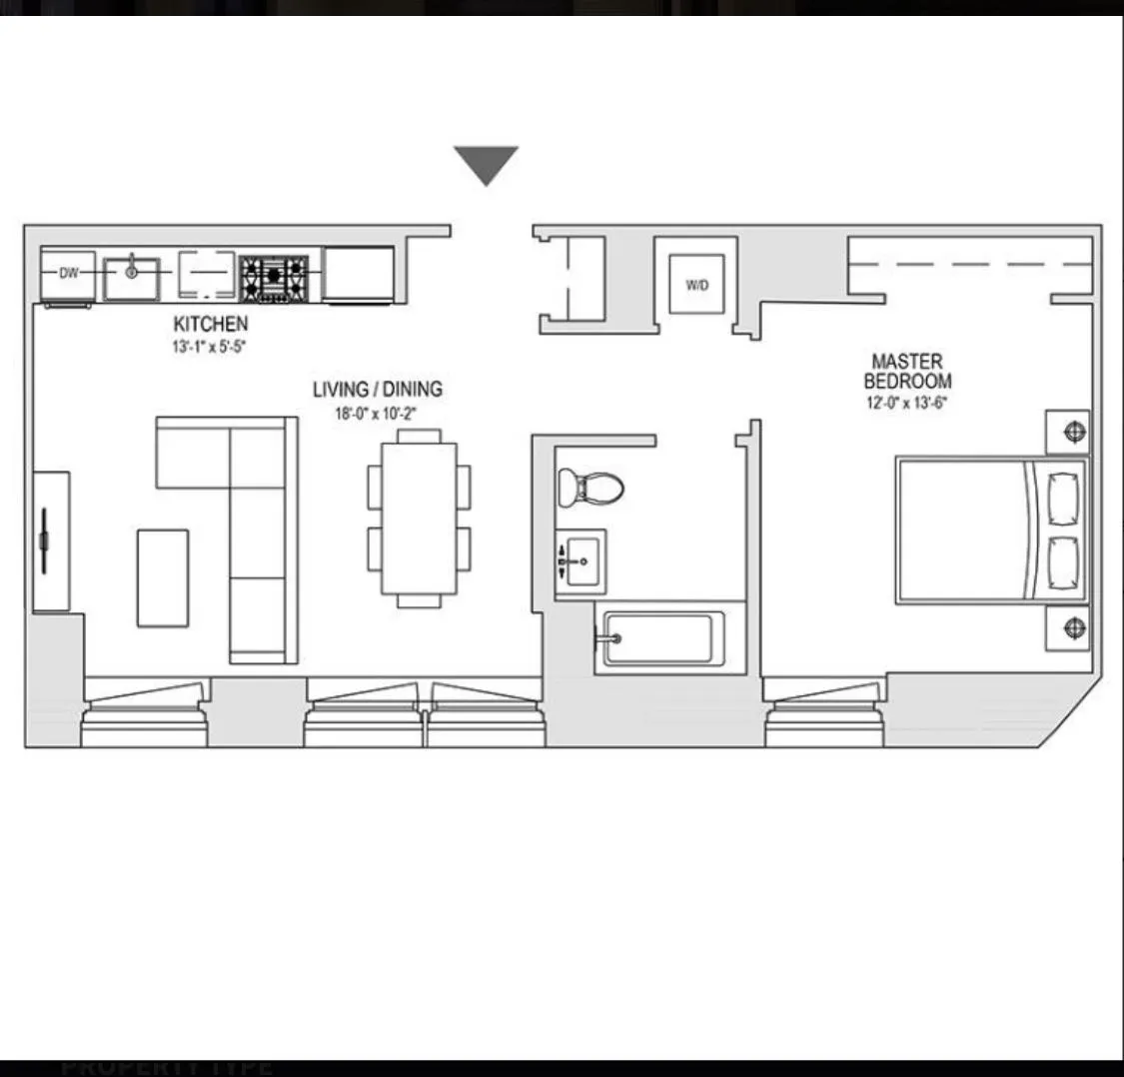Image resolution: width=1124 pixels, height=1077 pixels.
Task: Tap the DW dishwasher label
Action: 68,273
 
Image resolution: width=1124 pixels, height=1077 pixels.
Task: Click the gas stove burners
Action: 273,274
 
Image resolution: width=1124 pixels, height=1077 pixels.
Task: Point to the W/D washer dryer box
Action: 696,285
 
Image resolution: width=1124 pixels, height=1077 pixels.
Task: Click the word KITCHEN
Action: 210,324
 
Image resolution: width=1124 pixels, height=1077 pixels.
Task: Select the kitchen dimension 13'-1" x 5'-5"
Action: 207,348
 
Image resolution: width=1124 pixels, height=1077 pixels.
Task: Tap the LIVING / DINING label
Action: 377,390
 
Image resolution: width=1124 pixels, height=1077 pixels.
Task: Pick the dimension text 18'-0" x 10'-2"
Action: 376,414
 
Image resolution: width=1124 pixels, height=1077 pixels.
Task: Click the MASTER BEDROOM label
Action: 907,371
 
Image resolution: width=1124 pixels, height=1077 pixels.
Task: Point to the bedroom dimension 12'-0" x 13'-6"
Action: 907,404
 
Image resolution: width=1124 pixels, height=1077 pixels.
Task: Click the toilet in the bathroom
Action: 589,488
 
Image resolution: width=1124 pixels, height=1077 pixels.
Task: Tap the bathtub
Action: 660,638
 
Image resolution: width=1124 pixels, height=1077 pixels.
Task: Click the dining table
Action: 419,519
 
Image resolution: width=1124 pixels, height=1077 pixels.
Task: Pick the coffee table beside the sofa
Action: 163,577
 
